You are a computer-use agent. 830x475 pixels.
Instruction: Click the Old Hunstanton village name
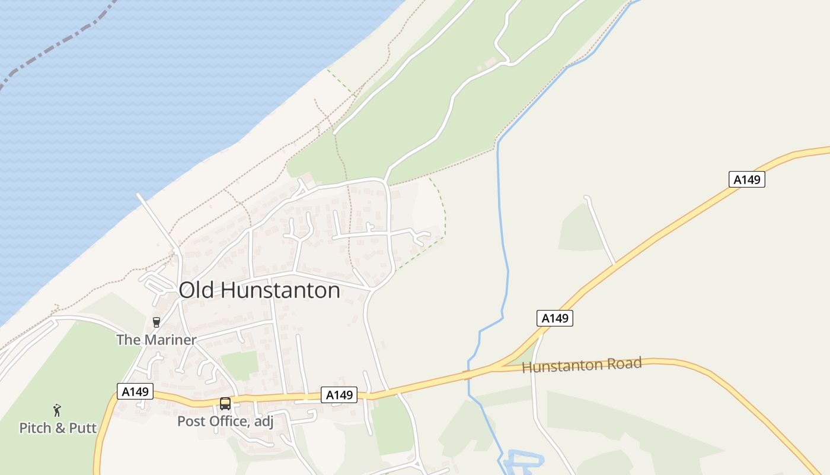click(259, 290)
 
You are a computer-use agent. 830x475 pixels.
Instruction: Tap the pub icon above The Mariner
click(157, 322)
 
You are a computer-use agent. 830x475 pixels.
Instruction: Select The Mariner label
click(156, 340)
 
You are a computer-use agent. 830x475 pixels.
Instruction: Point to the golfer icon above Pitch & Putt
click(57, 410)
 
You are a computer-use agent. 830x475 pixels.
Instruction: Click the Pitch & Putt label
click(58, 428)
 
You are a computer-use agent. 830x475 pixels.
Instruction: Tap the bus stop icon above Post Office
click(225, 404)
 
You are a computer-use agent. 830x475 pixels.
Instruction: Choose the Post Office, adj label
click(225, 422)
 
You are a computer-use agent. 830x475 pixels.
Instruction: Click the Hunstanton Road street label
click(582, 365)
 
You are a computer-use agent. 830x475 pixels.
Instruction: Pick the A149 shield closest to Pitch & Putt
click(135, 391)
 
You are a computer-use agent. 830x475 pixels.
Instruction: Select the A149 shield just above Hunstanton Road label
click(556, 318)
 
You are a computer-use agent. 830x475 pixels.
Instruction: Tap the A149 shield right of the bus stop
click(339, 395)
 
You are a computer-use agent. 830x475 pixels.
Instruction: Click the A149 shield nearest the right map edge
click(746, 179)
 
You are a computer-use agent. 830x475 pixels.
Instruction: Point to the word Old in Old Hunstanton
click(196, 290)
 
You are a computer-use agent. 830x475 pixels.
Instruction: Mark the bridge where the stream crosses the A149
click(468, 374)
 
